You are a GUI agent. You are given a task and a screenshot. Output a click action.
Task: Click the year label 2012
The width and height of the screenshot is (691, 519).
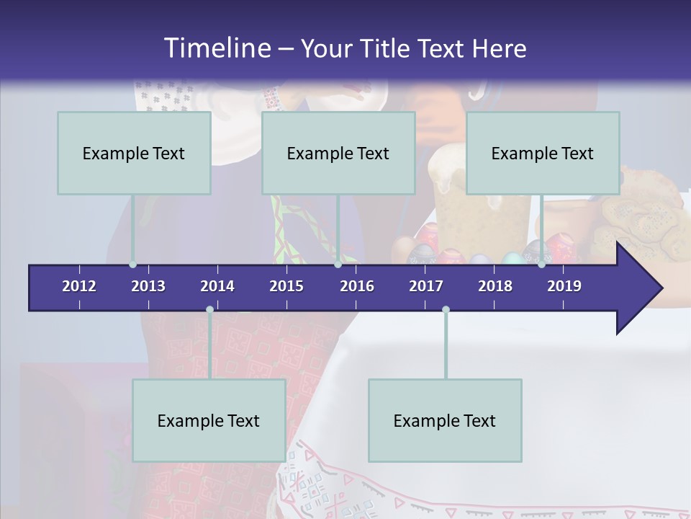(x=79, y=286)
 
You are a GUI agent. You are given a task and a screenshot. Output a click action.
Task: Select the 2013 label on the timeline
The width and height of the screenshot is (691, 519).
(x=148, y=286)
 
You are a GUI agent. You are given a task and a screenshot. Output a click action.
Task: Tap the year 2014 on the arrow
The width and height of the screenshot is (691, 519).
(x=217, y=286)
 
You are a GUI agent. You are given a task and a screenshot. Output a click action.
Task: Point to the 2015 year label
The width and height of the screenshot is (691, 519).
(x=286, y=286)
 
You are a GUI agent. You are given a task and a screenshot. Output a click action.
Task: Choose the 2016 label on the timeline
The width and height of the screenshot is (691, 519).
(x=357, y=286)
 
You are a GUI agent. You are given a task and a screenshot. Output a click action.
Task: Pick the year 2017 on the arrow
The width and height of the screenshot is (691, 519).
(x=426, y=286)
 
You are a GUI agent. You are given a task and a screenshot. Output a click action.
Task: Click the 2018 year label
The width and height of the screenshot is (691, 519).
(x=495, y=286)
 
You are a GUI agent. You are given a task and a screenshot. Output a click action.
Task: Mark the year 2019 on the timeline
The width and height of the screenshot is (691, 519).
(x=564, y=286)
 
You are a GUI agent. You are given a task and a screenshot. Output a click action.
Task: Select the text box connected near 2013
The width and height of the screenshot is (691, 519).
(x=134, y=153)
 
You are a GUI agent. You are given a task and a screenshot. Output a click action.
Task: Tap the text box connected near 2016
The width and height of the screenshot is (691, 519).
(x=338, y=153)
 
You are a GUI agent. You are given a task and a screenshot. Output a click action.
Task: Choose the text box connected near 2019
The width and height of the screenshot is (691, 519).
(x=543, y=153)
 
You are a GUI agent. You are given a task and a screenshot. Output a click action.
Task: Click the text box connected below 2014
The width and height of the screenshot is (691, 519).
(x=209, y=420)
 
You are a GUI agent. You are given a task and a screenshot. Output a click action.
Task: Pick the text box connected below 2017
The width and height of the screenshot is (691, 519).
(x=445, y=420)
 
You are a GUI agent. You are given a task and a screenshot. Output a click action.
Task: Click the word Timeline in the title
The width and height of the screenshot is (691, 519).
(x=217, y=48)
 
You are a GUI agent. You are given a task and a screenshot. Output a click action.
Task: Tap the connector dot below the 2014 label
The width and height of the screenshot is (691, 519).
(x=209, y=310)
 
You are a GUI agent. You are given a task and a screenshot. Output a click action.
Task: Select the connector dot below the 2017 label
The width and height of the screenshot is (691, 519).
(x=446, y=310)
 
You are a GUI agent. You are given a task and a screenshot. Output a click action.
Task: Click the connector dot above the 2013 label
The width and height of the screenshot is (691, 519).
(x=132, y=265)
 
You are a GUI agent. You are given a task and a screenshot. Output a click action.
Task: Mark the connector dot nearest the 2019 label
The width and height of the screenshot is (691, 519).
(x=541, y=265)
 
